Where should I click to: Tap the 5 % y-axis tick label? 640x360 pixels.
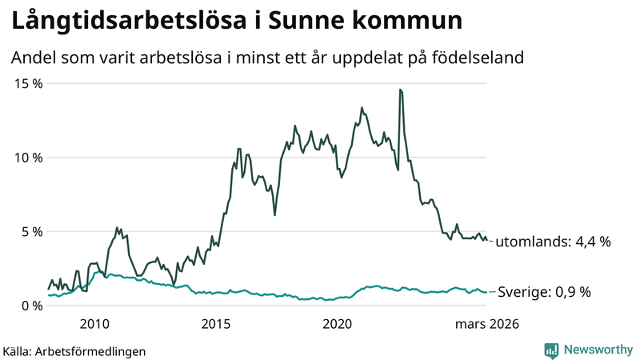pyautogui.click(x=30, y=231)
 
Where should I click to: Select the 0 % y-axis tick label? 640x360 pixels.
pyautogui.click(x=30, y=306)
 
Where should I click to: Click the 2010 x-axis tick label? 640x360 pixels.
pyautogui.click(x=94, y=324)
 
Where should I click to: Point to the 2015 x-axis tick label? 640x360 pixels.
pyautogui.click(x=215, y=324)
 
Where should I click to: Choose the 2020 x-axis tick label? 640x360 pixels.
pyautogui.click(x=337, y=324)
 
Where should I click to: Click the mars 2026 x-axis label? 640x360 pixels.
pyautogui.click(x=486, y=324)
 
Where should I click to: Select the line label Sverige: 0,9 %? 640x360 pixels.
pyautogui.click(x=544, y=292)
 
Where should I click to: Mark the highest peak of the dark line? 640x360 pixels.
pyautogui.click(x=399, y=90)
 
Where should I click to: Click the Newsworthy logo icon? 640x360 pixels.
pyautogui.click(x=551, y=350)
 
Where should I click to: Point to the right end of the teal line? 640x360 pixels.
pyautogui.click(x=486, y=292)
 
